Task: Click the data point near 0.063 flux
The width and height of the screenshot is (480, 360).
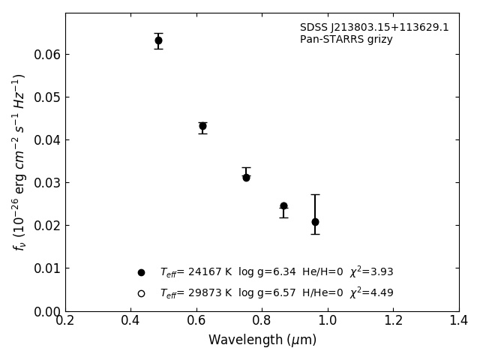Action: click(x=158, y=40)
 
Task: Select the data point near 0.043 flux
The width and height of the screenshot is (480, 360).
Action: click(x=202, y=126)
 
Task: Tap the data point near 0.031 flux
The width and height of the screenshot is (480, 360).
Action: click(x=246, y=178)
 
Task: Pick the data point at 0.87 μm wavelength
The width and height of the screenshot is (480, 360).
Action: click(x=283, y=205)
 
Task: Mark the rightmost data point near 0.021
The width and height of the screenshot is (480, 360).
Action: click(x=315, y=222)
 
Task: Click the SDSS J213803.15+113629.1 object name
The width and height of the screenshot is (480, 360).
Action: click(x=374, y=28)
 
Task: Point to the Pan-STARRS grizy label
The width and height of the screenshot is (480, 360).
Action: click(x=346, y=40)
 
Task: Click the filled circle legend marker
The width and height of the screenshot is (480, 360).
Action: click(x=141, y=272)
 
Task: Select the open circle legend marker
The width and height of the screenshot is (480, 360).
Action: click(x=141, y=293)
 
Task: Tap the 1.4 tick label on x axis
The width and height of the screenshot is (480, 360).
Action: click(x=459, y=320)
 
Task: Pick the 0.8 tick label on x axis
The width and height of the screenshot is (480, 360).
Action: click(x=262, y=320)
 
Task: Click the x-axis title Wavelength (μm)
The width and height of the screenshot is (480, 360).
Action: click(x=262, y=340)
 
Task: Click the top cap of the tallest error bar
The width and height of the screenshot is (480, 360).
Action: click(x=315, y=194)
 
